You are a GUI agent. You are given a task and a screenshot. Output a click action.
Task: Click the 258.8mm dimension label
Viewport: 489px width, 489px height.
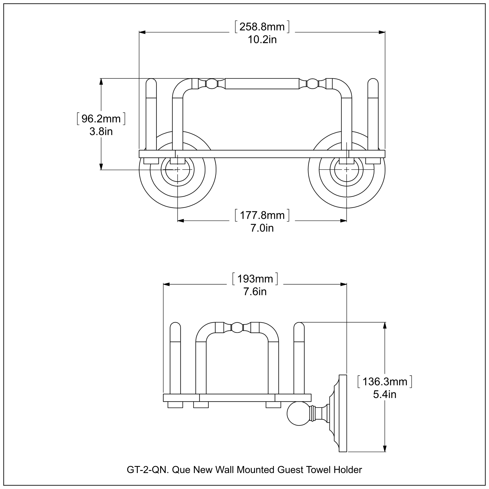262,27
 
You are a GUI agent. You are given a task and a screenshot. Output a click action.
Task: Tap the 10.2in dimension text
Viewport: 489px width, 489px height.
262,40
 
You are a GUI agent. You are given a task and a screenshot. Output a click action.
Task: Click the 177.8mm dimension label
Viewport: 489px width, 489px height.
262,215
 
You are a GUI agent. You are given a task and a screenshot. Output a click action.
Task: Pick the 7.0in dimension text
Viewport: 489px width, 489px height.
262,228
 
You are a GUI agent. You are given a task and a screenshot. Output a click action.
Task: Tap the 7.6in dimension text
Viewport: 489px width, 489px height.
255,292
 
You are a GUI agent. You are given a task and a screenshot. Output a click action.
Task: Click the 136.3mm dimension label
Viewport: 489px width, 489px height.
385,382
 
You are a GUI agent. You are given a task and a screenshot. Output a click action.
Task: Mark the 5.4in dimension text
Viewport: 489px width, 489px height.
385,395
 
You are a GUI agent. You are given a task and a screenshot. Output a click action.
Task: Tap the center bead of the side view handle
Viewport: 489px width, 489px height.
237,327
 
